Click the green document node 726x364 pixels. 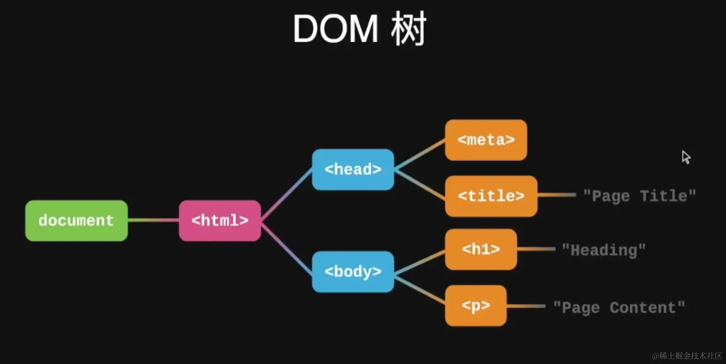coord(77,221)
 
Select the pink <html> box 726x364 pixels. coord(220,221)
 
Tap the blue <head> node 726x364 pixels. coord(353,169)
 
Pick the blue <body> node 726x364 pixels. coord(353,272)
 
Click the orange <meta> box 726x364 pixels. coord(486,140)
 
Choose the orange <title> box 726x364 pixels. coord(491,196)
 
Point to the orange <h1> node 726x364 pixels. coord(481,249)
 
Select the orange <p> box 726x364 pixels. coord(476,305)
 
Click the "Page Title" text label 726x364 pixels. coord(639,196)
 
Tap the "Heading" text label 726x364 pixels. coord(604,250)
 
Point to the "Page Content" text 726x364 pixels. coord(619,308)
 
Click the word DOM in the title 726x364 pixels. coord(336,29)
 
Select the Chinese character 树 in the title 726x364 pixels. coord(409,29)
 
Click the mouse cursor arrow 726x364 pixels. coord(686,157)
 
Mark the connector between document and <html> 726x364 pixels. coord(153,220)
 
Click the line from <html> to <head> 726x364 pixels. coord(287,195)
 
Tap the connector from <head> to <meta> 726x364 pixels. coord(420,155)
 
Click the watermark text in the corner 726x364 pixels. coord(687,356)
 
